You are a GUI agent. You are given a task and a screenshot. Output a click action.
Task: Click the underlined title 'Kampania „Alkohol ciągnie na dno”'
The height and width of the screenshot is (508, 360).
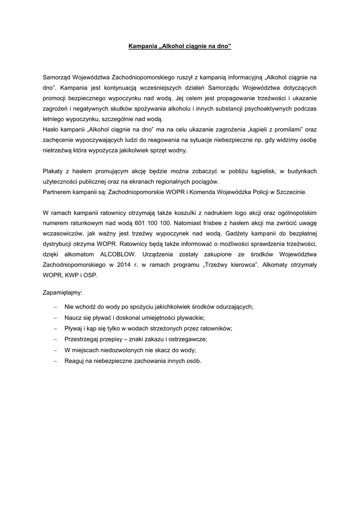pos(180,47)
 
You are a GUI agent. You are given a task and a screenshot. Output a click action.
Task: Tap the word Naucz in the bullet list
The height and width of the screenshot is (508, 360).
pos(72,317)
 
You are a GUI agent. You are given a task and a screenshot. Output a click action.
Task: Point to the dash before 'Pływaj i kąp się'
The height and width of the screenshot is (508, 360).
pos(55,328)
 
